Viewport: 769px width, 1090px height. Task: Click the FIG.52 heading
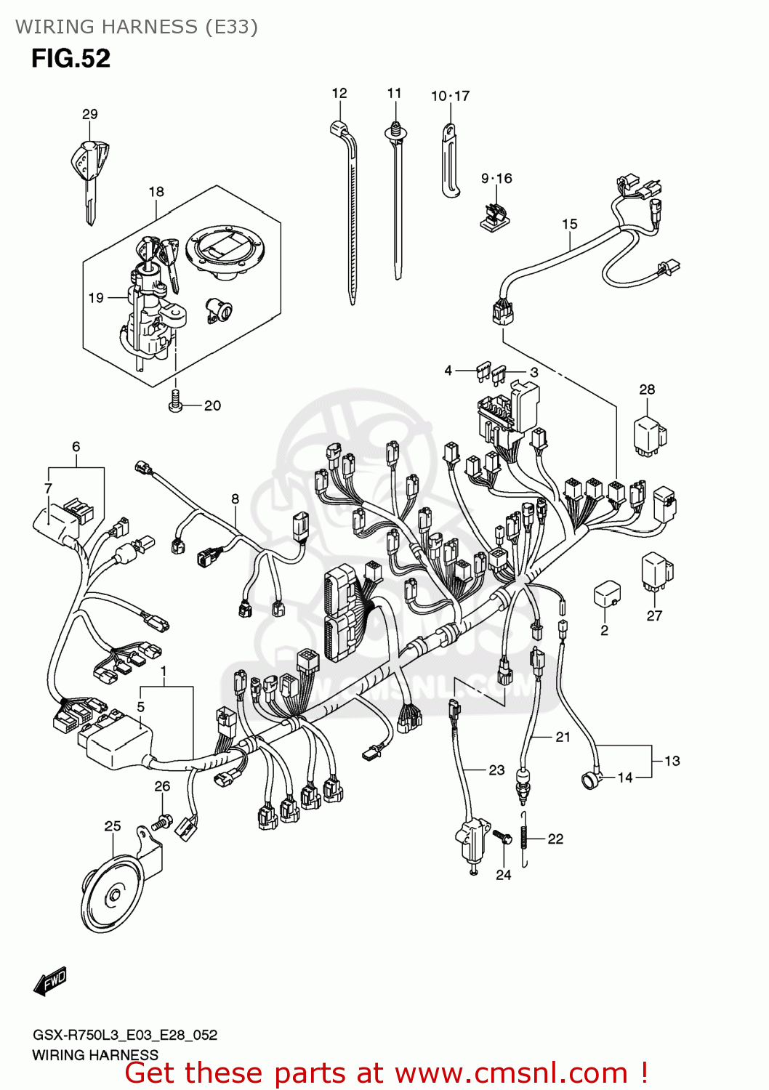tap(71, 59)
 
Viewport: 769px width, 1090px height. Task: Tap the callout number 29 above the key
tap(89, 114)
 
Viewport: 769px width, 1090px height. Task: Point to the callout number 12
tap(339, 93)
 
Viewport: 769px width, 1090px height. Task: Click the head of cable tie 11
tap(395, 132)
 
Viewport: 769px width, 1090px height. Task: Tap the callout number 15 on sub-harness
tap(569, 224)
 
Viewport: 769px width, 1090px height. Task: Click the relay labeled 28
tap(649, 435)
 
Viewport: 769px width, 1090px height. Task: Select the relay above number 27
tap(656, 570)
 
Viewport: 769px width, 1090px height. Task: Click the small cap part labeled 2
tap(606, 594)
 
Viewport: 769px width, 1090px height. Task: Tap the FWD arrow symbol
tap(50, 981)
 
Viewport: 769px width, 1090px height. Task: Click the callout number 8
tap(235, 498)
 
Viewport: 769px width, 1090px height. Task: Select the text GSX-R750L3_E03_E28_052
tap(124, 1035)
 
